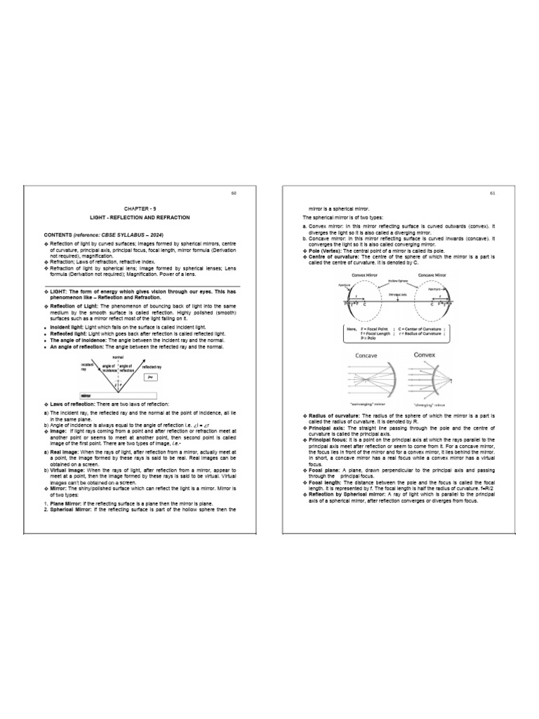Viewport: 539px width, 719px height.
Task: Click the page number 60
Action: tap(244, 194)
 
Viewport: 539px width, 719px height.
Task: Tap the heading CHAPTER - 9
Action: tap(137, 209)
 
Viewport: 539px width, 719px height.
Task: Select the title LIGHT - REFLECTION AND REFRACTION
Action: tap(138, 218)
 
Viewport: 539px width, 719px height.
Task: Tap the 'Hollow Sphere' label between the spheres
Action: tap(399, 280)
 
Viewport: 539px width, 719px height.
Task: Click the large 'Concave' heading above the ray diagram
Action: tap(366, 357)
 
